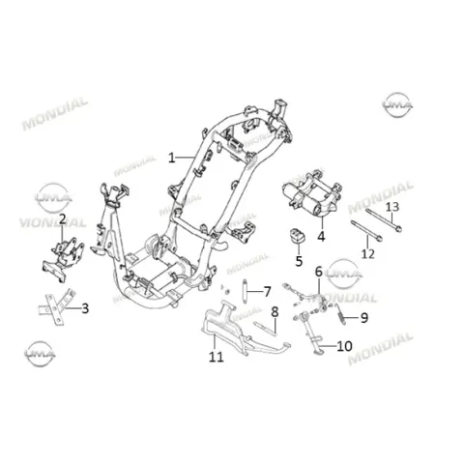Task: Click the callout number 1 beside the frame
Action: (172, 158)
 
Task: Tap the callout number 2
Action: (62, 218)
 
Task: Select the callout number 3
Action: (85, 308)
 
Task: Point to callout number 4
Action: (321, 237)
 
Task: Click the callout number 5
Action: (299, 261)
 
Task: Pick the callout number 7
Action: (267, 292)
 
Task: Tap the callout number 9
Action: (364, 318)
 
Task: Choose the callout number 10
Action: (344, 346)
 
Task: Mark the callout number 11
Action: (216, 357)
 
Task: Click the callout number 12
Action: (368, 253)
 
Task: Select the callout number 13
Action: (392, 207)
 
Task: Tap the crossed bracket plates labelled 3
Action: (57, 306)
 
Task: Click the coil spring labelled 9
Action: (339, 314)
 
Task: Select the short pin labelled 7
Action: (245, 288)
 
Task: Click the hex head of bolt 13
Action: (399, 229)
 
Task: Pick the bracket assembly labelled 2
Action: (63, 259)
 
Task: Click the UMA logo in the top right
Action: (397, 104)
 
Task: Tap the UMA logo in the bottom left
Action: (40, 354)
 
